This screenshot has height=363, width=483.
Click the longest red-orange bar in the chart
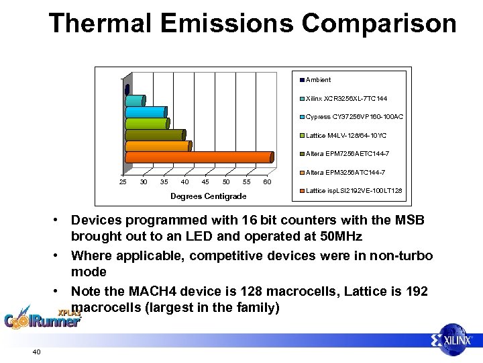[x=199, y=159]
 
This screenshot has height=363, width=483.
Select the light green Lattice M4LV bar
[x=147, y=123]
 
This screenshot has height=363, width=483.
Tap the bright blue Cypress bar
[x=146, y=112]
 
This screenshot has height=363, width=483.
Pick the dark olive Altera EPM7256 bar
[x=155, y=134]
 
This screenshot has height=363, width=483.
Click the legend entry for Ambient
[x=318, y=80]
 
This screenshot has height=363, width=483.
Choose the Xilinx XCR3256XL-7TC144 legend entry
[x=345, y=98]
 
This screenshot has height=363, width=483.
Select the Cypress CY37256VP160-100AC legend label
[x=354, y=117]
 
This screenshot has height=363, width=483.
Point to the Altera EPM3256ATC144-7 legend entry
[x=346, y=173]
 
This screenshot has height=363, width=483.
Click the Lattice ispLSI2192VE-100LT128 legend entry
[x=354, y=191]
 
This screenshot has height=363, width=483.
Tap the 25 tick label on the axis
[x=123, y=182]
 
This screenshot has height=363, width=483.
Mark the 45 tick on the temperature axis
[x=205, y=182]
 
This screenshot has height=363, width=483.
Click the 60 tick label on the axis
[x=267, y=182]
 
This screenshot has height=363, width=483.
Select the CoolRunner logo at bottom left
[x=42, y=317]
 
